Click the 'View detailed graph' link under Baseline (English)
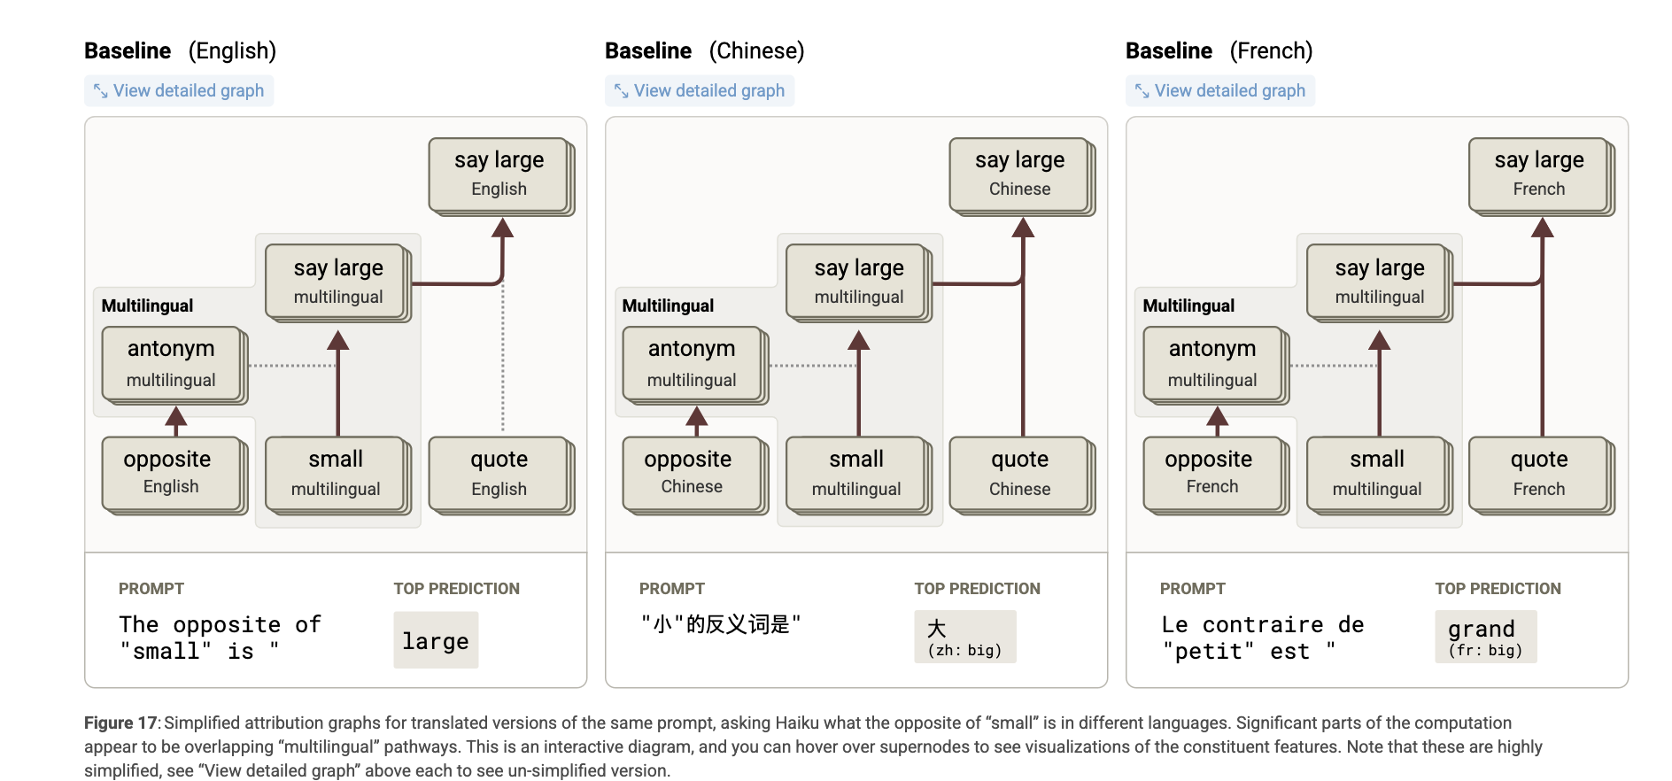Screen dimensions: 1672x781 point(179,90)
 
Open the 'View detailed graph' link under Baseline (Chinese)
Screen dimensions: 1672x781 point(700,90)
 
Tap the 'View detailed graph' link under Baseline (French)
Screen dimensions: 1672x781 point(1220,90)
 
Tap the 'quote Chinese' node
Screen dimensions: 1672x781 point(1022,475)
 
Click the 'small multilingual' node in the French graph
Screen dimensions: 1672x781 point(1380,475)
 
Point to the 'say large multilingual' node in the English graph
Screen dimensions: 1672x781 point(338,282)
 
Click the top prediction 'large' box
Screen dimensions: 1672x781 point(436,640)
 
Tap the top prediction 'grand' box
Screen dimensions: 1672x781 point(1486,637)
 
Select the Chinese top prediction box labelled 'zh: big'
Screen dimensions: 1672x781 point(965,637)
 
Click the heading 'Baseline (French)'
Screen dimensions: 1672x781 point(1219,50)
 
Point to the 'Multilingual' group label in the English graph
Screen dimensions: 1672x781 point(147,305)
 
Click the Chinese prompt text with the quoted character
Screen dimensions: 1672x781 point(720,624)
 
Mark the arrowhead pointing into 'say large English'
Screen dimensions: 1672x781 point(502,228)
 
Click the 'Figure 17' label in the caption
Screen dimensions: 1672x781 point(120,723)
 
